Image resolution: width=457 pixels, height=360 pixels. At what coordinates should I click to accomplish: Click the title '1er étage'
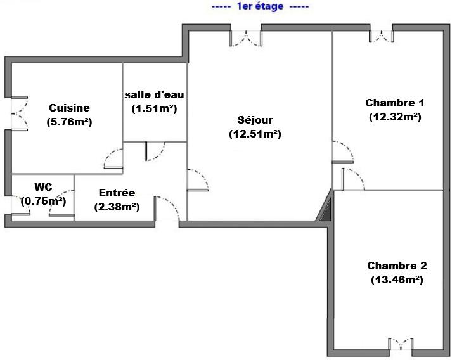click(260, 6)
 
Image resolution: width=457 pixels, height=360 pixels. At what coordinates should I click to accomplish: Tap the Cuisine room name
click(69, 108)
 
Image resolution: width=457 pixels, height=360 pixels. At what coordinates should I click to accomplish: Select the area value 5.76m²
click(69, 122)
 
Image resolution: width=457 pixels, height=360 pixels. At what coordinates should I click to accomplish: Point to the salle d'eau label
click(154, 94)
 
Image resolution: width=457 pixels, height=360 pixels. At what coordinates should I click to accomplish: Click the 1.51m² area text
click(154, 109)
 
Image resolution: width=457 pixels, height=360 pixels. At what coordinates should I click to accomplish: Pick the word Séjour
click(255, 120)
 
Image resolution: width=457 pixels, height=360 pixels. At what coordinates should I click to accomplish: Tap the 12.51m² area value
click(255, 134)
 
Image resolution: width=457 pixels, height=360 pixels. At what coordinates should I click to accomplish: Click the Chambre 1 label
click(395, 103)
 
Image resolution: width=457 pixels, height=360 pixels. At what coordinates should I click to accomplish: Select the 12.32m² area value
click(395, 117)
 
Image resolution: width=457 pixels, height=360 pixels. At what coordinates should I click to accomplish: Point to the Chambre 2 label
click(397, 266)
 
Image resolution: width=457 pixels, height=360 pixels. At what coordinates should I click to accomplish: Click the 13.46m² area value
click(397, 280)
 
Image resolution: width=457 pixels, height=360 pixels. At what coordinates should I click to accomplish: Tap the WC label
click(43, 187)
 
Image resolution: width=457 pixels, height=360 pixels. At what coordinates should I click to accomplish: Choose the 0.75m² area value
click(44, 201)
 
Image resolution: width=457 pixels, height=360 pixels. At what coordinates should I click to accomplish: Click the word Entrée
click(117, 193)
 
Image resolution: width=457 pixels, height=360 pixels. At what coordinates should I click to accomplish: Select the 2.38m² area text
click(117, 207)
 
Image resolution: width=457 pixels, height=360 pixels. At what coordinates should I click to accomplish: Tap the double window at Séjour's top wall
click(246, 38)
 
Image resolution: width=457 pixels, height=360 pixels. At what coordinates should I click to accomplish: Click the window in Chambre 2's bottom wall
click(401, 344)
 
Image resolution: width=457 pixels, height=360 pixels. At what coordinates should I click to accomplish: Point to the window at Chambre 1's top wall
click(382, 36)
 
